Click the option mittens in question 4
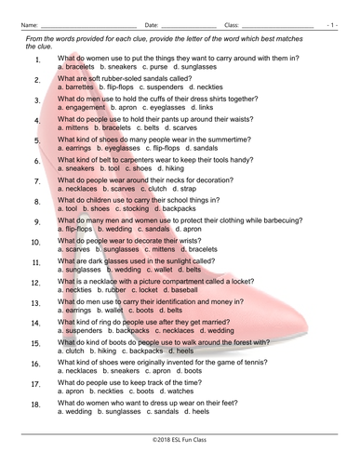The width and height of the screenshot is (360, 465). pos(73,128)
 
